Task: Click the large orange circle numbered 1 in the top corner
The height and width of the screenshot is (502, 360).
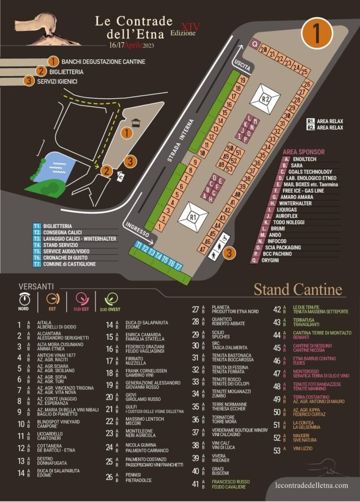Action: click(x=317, y=33)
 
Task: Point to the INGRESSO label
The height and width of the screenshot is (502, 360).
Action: click(x=137, y=229)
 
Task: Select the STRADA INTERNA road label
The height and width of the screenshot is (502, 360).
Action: click(x=182, y=140)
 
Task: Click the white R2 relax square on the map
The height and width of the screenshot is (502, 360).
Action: click(x=265, y=99)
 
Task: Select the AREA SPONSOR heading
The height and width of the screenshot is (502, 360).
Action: click(x=304, y=152)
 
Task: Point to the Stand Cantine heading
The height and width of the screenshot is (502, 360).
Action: click(x=297, y=289)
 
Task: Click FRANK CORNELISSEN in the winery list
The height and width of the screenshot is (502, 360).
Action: click(x=147, y=371)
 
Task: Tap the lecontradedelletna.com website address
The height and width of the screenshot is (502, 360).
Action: click(x=312, y=485)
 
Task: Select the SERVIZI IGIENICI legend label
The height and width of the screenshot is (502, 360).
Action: click(x=57, y=81)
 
